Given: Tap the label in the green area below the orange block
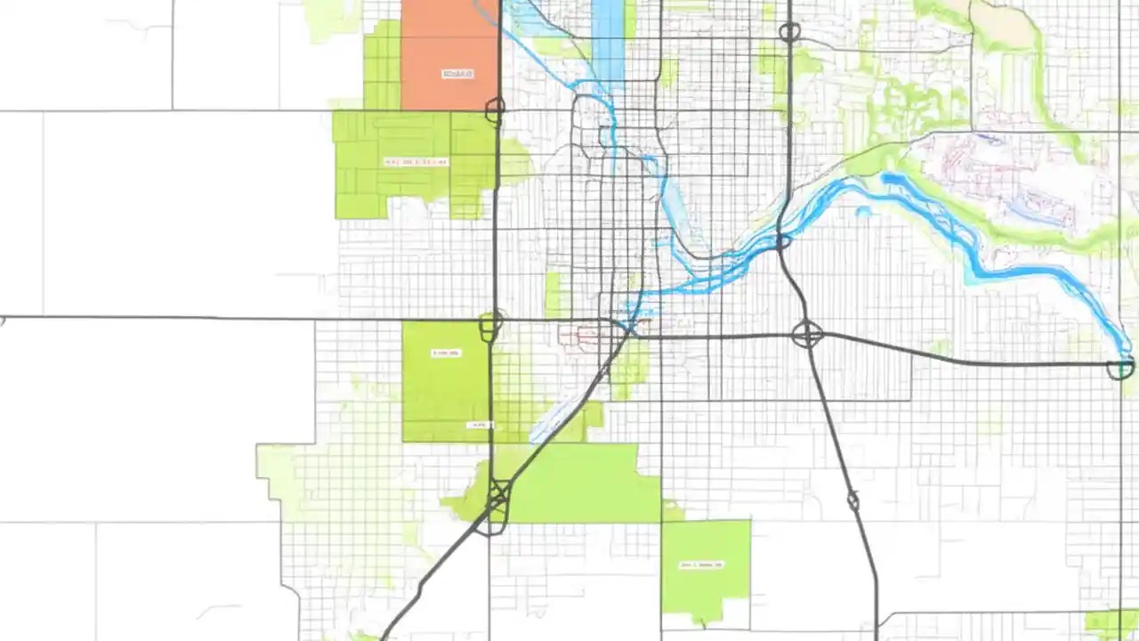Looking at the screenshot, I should click(x=416, y=162).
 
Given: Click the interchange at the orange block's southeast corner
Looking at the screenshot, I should click(x=495, y=110).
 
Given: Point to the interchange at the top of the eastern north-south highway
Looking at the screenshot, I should click(x=789, y=33).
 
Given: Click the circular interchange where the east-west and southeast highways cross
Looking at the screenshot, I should click(x=807, y=335).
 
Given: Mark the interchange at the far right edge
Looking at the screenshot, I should click(x=1120, y=367).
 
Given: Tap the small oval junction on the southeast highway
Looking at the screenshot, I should click(x=852, y=501).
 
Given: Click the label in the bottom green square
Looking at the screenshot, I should click(x=702, y=564).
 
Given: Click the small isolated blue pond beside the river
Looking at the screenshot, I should click(x=862, y=212).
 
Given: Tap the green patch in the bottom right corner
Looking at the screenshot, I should click(x=1111, y=623).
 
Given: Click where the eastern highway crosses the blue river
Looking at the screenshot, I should click(x=782, y=241).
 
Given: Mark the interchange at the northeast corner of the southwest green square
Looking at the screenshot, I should click(x=489, y=325).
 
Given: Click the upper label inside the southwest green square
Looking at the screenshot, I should click(x=446, y=353).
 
